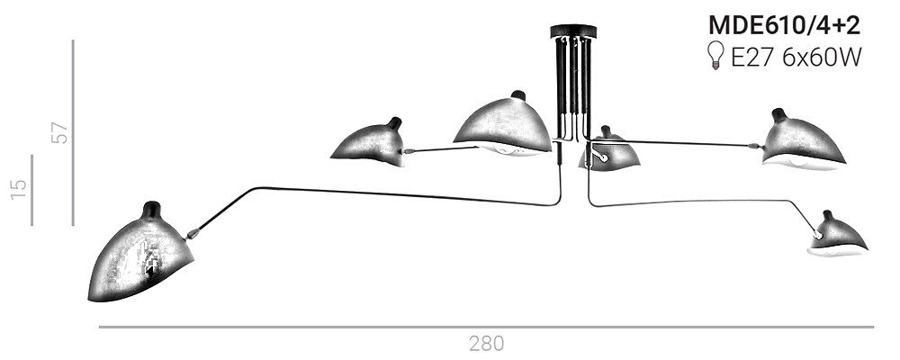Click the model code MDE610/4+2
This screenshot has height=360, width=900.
pyautogui.click(x=784, y=25)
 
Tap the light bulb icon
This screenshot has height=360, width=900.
pyautogui.click(x=715, y=55)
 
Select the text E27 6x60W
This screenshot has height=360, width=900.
pyautogui.click(x=796, y=57)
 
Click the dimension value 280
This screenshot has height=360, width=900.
pyautogui.click(x=486, y=343)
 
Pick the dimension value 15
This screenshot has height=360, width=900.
pyautogui.click(x=19, y=189)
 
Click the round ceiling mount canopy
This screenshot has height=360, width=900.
pyautogui.click(x=573, y=31)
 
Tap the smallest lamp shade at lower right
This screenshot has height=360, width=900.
pyautogui.click(x=837, y=236)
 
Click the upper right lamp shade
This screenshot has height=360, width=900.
pyautogui.click(x=803, y=142)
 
